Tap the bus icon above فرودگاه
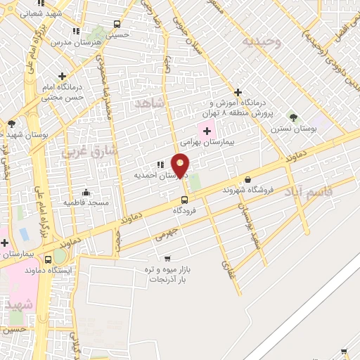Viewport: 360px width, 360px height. click(184, 200)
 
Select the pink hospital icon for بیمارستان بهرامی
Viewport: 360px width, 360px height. click(207, 130)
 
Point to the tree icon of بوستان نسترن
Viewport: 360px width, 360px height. click(293, 117)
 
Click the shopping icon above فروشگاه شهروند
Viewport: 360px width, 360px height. click(247, 180)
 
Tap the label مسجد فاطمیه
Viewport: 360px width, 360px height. click(86, 202)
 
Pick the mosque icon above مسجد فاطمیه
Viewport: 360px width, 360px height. click(86, 192)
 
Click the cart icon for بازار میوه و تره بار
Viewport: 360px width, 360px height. click(167, 259)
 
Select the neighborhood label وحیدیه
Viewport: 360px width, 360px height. click(262, 42)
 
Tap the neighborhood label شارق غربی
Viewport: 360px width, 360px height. click(91, 150)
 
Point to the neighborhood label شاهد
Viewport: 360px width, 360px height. click(149, 103)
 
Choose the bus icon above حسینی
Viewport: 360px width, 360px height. click(117, 24)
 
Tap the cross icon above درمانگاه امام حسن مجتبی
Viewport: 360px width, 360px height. click(63, 76)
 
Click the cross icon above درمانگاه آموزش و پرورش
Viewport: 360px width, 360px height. click(238, 92)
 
